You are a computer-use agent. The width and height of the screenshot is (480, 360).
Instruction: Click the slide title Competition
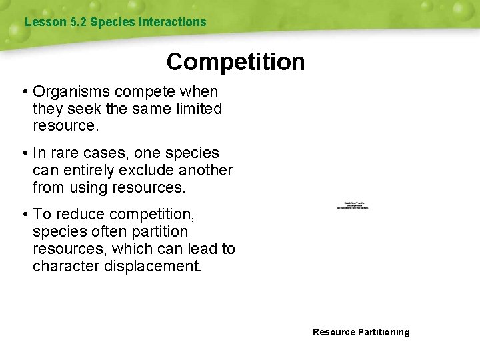235,62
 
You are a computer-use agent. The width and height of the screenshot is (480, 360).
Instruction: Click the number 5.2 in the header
78,22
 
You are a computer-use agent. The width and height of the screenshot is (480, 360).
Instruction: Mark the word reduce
79,214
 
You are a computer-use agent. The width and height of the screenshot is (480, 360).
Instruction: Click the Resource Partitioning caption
361,332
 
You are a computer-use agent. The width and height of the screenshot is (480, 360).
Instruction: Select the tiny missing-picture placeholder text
353,206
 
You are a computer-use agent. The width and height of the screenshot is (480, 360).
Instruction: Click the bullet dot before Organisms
24,91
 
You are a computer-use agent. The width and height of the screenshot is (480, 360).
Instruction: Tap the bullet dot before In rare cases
24,153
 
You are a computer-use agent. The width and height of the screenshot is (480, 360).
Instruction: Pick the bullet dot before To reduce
24,214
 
